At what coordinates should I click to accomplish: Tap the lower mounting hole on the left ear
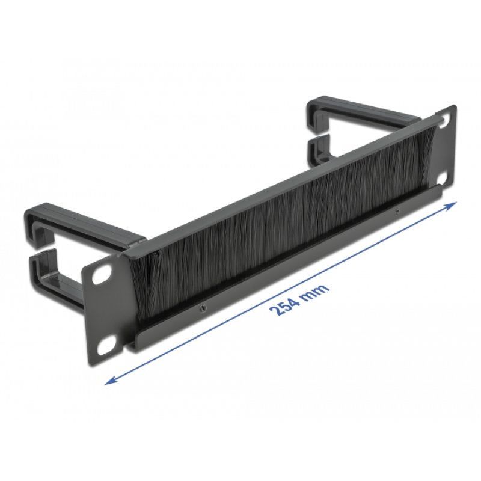point(107,345)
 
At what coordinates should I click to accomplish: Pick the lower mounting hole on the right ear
point(443,179)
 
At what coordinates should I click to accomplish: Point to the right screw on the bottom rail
point(396,212)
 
